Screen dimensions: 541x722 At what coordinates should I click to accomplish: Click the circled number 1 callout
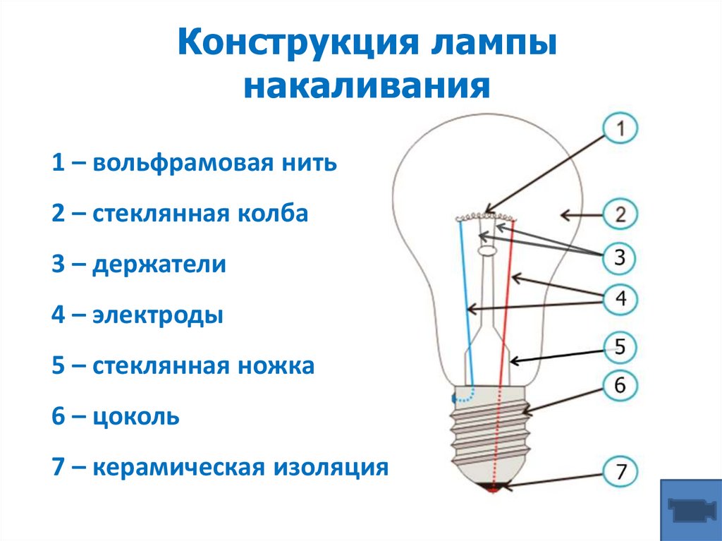coord(620,129)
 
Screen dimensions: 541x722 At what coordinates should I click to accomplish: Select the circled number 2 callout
coord(620,214)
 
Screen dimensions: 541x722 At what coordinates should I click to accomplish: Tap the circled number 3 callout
coord(620,257)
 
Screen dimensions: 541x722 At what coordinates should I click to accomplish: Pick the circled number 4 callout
coord(620,299)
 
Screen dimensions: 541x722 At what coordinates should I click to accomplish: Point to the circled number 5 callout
coord(620,346)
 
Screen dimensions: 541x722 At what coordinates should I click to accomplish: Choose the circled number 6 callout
coord(620,386)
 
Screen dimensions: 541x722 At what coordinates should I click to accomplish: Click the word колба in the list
coord(273,214)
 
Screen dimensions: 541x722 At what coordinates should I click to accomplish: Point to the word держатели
coord(159,265)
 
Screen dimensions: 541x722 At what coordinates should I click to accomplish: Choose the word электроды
coord(157,315)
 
